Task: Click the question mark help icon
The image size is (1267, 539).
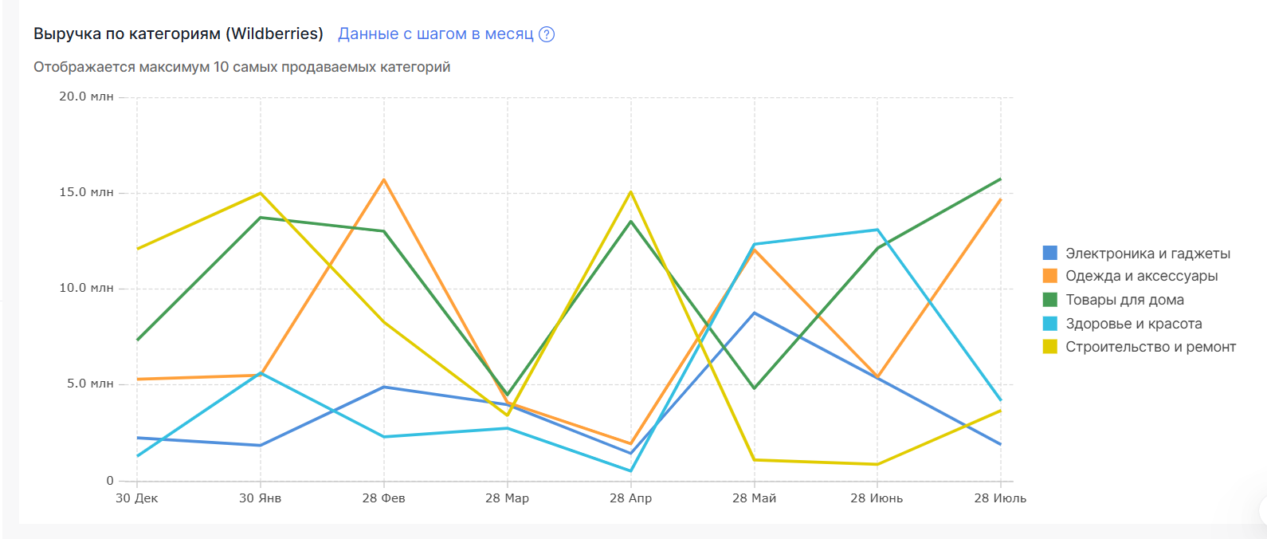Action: click(x=547, y=34)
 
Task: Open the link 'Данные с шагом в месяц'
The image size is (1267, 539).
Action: click(x=435, y=34)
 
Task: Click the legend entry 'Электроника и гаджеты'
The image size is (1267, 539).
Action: click(x=1147, y=254)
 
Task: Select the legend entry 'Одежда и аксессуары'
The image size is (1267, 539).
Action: click(x=1141, y=276)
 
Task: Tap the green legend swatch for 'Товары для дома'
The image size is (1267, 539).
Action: click(x=1050, y=300)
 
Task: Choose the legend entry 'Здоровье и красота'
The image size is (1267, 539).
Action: click(x=1133, y=324)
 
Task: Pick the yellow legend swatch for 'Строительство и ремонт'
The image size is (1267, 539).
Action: click(x=1050, y=347)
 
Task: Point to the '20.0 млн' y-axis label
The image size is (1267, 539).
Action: click(x=86, y=96)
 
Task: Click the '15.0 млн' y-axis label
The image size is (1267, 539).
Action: click(x=86, y=192)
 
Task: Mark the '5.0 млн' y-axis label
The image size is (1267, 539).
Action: click(x=90, y=384)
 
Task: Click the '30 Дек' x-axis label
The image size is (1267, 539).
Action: click(x=137, y=498)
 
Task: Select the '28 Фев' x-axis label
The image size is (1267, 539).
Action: click(x=383, y=498)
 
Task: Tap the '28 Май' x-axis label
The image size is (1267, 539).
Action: click(x=754, y=498)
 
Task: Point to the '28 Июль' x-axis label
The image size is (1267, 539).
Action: click(x=1000, y=498)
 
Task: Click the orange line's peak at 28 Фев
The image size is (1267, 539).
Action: click(x=384, y=179)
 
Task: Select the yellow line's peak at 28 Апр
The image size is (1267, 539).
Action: click(x=631, y=192)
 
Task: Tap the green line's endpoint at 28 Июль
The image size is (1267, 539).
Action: click(x=1001, y=179)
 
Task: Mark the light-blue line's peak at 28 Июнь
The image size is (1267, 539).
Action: click(x=877, y=230)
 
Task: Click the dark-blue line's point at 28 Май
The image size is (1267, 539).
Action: click(x=755, y=313)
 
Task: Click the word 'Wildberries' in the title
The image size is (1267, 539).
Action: click(x=274, y=34)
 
